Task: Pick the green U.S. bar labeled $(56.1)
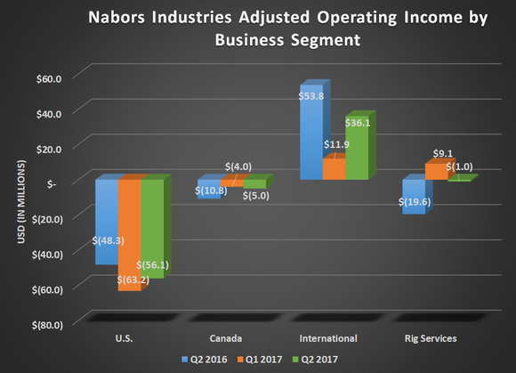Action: [152, 214]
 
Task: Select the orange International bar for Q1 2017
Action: [333, 170]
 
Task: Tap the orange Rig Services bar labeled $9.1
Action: [435, 171]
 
